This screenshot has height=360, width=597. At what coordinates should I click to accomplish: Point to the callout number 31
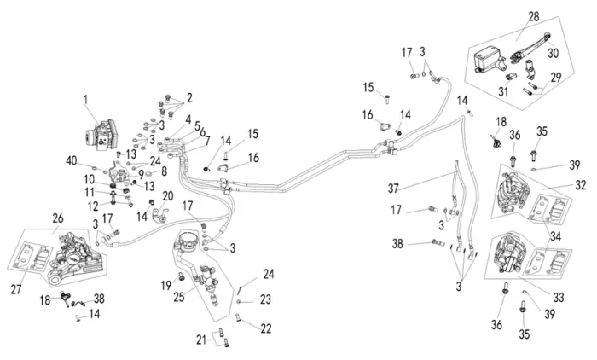pos(503,91)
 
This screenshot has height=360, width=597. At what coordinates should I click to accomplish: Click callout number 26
pos(58,218)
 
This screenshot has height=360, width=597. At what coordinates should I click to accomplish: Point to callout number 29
pos(557,78)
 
